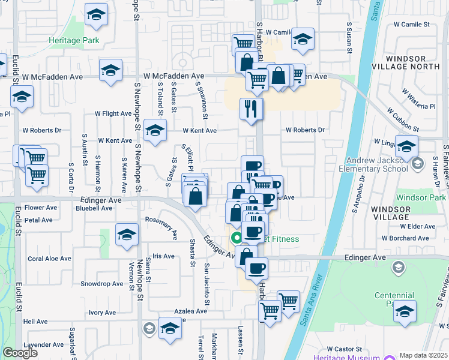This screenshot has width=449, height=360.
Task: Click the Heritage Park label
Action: coord(74,40)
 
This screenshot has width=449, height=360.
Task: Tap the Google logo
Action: coord(20,352)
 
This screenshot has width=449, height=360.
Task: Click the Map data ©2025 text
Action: coord(423,355)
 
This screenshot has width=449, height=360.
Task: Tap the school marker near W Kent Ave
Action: coord(155,131)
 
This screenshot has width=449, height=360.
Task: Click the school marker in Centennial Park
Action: coord(405,311)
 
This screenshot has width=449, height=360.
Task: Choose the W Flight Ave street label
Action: coord(113,113)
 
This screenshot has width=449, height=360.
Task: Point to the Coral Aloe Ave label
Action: coord(49,259)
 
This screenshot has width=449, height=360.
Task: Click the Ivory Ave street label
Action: coord(102,313)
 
